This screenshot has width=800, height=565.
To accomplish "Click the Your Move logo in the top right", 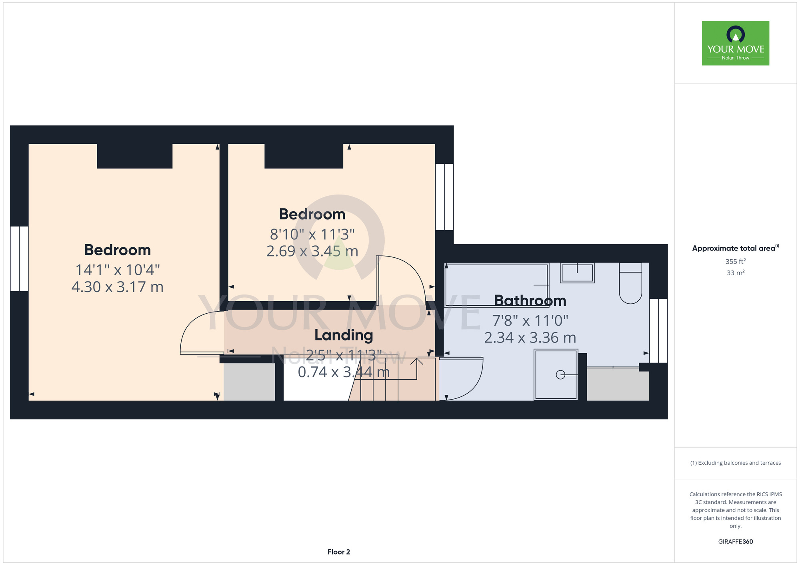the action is (x=735, y=43).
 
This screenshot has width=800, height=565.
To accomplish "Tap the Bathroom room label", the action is (x=530, y=300).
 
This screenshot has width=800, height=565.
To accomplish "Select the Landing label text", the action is (x=344, y=335).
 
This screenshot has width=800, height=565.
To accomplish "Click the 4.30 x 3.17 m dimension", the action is (x=118, y=287).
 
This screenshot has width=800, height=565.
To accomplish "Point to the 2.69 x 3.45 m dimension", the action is (x=312, y=251).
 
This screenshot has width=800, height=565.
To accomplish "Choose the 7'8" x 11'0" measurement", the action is (x=530, y=320).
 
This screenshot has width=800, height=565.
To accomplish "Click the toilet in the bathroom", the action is (x=630, y=283).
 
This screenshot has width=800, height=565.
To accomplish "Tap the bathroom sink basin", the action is (x=577, y=273).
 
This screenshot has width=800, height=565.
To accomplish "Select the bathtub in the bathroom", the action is (x=496, y=285).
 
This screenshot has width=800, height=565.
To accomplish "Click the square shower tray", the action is (x=556, y=375).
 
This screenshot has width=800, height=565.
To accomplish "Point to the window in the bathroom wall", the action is (x=658, y=331).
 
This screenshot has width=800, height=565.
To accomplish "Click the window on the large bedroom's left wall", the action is (x=19, y=259).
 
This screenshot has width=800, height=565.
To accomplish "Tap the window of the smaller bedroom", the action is (x=444, y=197).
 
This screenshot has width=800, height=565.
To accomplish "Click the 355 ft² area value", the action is (x=735, y=262).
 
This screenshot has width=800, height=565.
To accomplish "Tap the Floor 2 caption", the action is (x=339, y=552).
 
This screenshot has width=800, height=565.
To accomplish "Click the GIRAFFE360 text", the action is (x=735, y=542).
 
